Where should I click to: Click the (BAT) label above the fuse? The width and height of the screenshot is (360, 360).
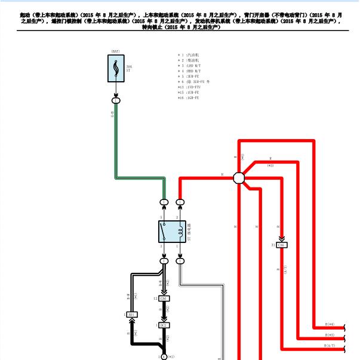click(x=116, y=52)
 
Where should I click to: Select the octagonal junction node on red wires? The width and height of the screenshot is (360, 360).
click(x=239, y=178)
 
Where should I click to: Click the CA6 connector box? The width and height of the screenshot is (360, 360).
click(x=164, y=298)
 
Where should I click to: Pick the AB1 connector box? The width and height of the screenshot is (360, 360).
click(x=133, y=315)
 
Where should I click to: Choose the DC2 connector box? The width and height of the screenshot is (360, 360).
click(x=164, y=325)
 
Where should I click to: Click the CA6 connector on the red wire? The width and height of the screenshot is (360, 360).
click(x=282, y=245)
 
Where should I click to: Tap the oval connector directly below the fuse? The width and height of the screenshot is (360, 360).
click(x=116, y=100)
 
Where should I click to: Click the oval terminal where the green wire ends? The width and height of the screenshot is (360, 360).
click(x=164, y=202)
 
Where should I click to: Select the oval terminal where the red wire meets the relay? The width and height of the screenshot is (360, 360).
click(x=180, y=202)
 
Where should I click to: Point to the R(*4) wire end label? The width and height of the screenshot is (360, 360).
click(x=330, y=325)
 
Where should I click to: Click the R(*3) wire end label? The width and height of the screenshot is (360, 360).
click(x=330, y=336)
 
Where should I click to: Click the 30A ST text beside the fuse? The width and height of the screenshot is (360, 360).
click(x=129, y=67)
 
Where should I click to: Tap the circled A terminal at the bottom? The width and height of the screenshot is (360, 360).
click(x=164, y=356)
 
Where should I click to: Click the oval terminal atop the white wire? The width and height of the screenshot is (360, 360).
click(x=180, y=261)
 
